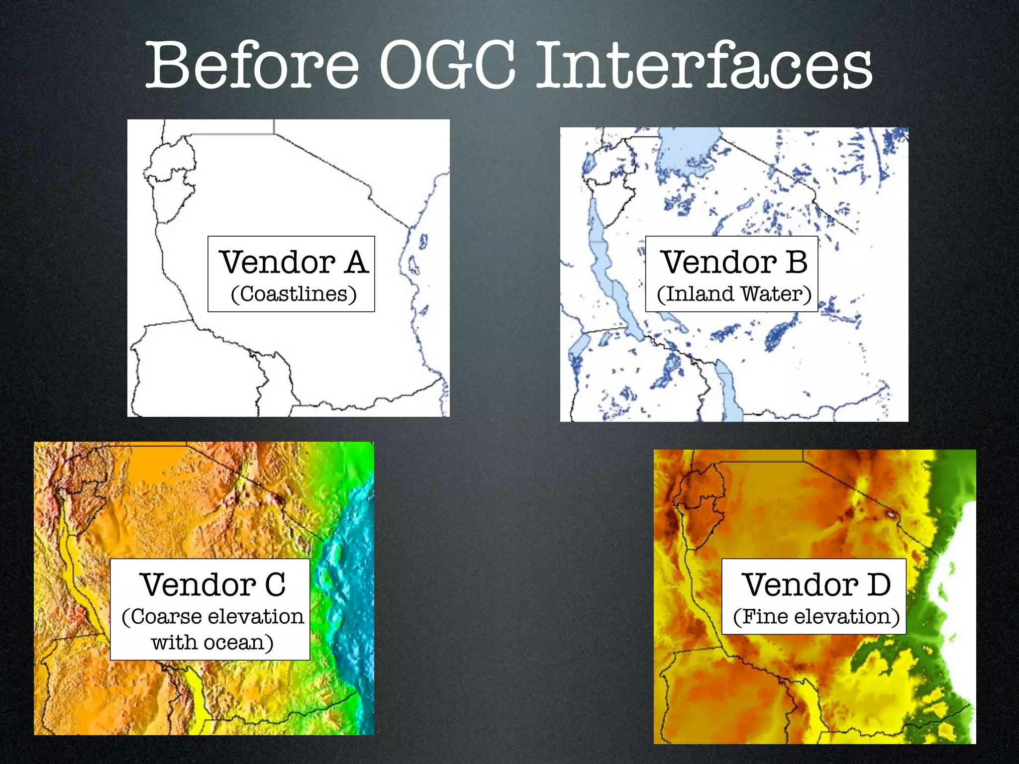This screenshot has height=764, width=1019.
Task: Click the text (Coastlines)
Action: coord(294,294)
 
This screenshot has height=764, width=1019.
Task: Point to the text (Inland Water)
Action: coord(733,294)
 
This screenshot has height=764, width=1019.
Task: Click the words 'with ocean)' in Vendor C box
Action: coord(212,642)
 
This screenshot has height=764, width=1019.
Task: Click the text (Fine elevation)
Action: coord(816,617)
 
